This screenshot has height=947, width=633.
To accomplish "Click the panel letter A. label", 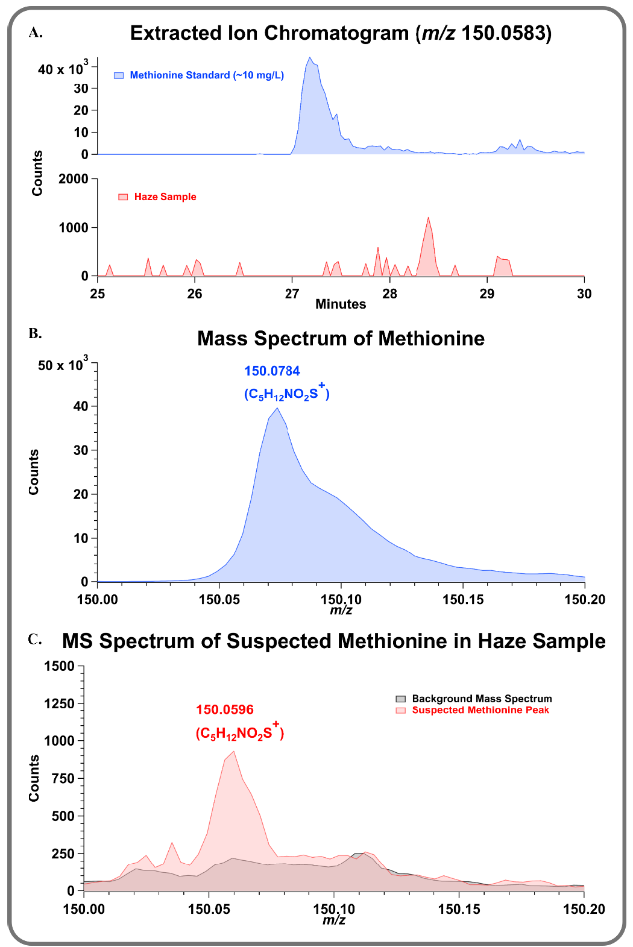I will click(36, 33).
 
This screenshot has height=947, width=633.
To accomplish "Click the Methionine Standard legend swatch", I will click(119, 75).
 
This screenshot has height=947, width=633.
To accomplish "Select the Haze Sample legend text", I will click(165, 197).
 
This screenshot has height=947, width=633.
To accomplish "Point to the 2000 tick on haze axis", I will click(73, 179).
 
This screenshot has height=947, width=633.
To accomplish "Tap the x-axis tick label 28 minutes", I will click(389, 294).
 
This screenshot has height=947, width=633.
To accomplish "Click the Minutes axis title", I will click(341, 304).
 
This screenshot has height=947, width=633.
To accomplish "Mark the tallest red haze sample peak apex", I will click(428, 218).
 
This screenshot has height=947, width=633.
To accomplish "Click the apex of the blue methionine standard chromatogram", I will click(310, 58).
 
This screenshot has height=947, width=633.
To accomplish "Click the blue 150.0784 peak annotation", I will click(272, 371).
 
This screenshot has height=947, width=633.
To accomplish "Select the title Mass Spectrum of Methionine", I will click(341, 338).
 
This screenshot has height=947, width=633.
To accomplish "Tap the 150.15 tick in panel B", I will click(462, 599).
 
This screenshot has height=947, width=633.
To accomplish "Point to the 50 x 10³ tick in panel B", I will click(63, 365).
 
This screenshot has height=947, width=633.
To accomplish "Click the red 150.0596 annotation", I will click(225, 709).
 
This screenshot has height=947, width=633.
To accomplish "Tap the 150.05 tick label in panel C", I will click(208, 908).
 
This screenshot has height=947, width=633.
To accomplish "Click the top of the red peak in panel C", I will click(233, 751).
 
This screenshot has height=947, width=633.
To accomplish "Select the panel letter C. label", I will click(35, 640).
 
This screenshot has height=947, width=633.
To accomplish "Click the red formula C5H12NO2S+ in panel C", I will click(239, 732).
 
